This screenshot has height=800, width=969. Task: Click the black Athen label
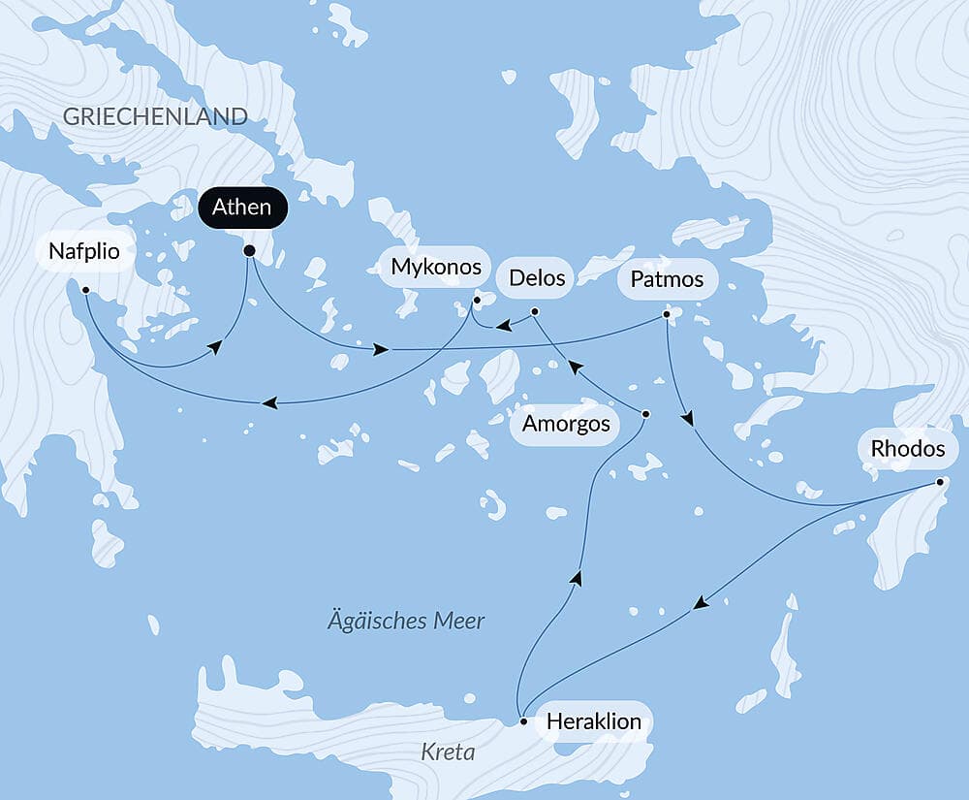click(x=236, y=208)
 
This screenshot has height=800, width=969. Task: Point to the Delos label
click(x=536, y=278)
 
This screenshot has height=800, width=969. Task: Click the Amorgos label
click(x=566, y=424)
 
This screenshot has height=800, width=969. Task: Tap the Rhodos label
click(x=908, y=449)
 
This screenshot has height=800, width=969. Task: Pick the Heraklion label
click(x=593, y=721)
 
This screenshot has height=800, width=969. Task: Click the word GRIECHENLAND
click(x=155, y=116)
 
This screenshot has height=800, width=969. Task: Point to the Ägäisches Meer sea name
click(x=405, y=621)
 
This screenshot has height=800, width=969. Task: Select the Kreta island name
click(x=447, y=752)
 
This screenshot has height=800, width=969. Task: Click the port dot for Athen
click(x=249, y=251)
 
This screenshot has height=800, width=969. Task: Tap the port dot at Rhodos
click(x=940, y=482)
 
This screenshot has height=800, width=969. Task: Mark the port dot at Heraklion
click(x=523, y=721)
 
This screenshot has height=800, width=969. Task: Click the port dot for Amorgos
click(x=646, y=414)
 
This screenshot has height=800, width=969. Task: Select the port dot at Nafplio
click(x=85, y=290)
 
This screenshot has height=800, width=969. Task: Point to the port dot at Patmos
click(x=666, y=314)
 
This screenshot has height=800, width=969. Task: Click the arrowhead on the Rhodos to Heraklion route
click(x=701, y=603)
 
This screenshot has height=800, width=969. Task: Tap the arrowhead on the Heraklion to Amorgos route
click(x=577, y=578)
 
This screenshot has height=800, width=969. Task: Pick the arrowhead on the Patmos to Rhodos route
click(x=688, y=420)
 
